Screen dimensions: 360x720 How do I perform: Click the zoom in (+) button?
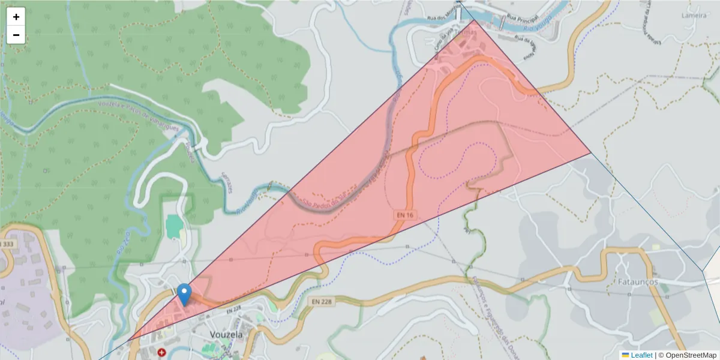tap(16, 17)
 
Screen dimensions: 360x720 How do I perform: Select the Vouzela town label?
tap(226, 334)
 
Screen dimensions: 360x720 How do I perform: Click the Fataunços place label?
tap(637, 281)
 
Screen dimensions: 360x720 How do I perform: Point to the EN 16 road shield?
tap(405, 214)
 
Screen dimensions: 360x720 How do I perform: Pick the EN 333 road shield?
tap(7, 244)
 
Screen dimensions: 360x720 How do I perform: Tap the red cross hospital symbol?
tap(161, 353)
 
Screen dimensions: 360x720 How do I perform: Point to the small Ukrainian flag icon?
tap(625, 355)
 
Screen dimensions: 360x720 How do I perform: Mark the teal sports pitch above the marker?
tap(173, 227)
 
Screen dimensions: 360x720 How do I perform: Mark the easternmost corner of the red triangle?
tap(591, 153)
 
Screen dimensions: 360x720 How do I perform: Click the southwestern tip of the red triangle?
tap(127, 342)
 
